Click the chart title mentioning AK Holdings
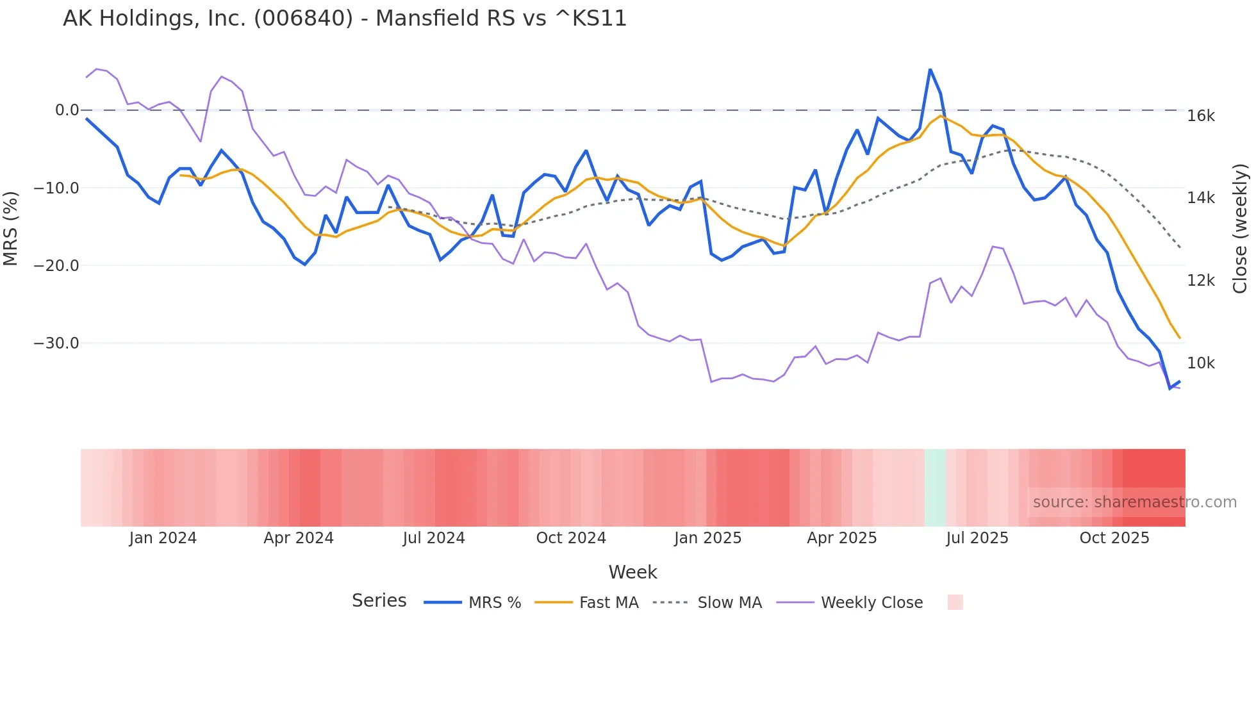[345, 19]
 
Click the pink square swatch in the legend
[955, 602]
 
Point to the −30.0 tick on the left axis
[56, 343]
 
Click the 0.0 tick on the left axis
[67, 110]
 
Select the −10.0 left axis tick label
[56, 188]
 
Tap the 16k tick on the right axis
[1201, 116]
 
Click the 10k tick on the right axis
[1201, 363]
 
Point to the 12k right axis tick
[1201, 281]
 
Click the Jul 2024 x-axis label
[434, 538]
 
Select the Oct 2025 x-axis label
[1114, 538]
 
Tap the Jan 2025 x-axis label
[707, 538]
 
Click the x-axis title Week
[632, 572]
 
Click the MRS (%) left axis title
[10, 228]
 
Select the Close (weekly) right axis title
[1241, 229]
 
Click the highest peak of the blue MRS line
[930, 70]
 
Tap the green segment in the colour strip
[935, 488]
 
